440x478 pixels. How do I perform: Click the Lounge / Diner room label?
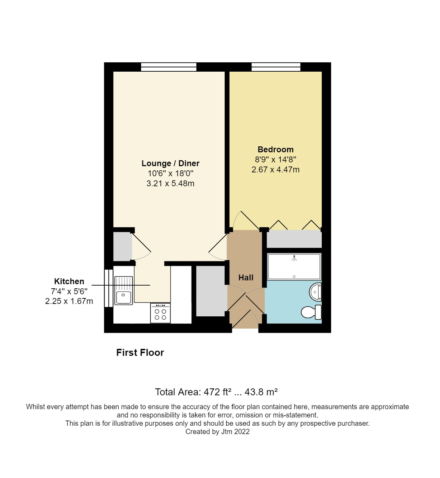pyautogui.click(x=170, y=164)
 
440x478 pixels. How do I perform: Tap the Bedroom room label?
pyautogui.click(x=275, y=150)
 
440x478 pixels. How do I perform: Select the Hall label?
pyautogui.click(x=246, y=277)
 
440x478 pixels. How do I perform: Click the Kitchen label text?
pyautogui.click(x=69, y=282)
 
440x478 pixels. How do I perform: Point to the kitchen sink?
pyautogui.click(x=124, y=291)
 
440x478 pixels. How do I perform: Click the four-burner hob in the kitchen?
pyautogui.click(x=160, y=313)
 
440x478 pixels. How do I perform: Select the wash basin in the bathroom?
pyautogui.click(x=316, y=292)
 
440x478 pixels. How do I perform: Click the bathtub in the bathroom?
pyautogui.click(x=294, y=267)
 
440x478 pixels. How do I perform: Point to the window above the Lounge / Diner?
pyautogui.click(x=169, y=67)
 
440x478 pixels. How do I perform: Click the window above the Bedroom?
pyautogui.click(x=276, y=67)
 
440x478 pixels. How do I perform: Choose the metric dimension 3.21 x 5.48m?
pyautogui.click(x=170, y=184)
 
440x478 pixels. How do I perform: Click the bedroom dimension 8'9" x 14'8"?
pyautogui.click(x=275, y=160)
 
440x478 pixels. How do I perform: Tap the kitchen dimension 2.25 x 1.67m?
pyautogui.click(x=69, y=301)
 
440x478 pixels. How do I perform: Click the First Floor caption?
pyautogui.click(x=140, y=353)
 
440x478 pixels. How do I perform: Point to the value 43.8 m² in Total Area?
pyautogui.click(x=261, y=392)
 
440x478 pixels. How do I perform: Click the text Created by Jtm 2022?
pyautogui.click(x=217, y=432)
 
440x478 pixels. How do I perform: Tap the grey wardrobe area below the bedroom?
pyautogui.click(x=294, y=239)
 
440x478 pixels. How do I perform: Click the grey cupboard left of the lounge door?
pyautogui.click(x=122, y=247)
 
